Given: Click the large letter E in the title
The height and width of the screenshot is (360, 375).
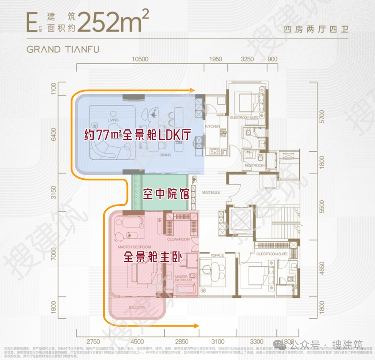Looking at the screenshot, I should [x=31, y=22].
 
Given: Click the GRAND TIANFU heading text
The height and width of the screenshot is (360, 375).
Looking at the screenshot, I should [x=63, y=49].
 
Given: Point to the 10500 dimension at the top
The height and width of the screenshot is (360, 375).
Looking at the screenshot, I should [x=140, y=59].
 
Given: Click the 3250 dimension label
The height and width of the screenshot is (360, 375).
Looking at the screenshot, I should [x=247, y=59].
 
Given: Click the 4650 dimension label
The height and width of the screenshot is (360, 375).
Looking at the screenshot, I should [x=322, y=270].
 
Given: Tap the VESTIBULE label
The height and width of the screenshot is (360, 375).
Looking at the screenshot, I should [x=211, y=192].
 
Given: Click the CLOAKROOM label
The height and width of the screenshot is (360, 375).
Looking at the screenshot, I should [x=178, y=239].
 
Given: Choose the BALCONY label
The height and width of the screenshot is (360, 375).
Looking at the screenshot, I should [x=136, y=307].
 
